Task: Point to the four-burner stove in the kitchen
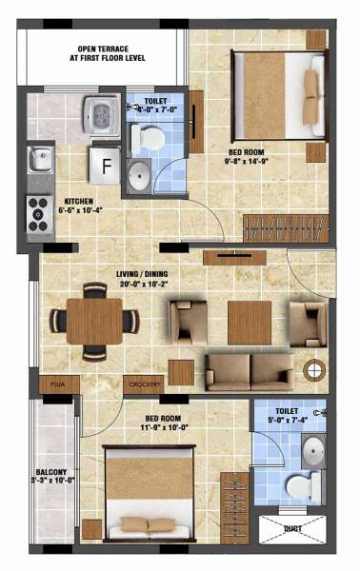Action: point(39,213)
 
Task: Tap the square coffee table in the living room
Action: point(249,322)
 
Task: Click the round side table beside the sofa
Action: point(312,369)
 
